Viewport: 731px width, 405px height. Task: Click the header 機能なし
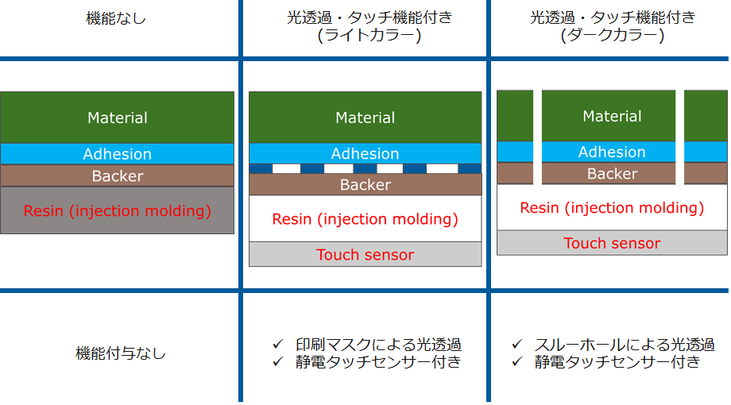[x=116, y=18]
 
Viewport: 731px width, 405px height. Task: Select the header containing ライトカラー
[x=369, y=26]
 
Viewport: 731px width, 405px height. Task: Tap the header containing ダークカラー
[x=612, y=26]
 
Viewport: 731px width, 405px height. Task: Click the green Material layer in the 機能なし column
[x=118, y=118]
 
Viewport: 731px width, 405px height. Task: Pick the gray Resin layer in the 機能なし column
[x=118, y=210]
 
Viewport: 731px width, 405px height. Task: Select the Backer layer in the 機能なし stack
[x=118, y=175]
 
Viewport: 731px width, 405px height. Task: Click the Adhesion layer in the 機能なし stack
[x=118, y=154]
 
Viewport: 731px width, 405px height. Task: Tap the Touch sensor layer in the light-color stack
[x=365, y=254]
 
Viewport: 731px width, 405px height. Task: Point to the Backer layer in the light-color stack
[x=365, y=184]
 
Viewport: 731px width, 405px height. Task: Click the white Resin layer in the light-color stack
[x=365, y=218]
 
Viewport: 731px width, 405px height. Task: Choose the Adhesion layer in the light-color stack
[x=365, y=153]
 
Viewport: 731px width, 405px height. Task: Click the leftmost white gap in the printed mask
[x=286, y=168]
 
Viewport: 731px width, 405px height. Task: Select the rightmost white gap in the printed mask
[x=442, y=168]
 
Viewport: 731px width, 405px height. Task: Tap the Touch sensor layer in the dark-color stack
[x=612, y=243]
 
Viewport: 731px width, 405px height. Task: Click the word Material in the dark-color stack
[x=612, y=116]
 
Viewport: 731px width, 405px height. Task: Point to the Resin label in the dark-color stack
[x=612, y=207]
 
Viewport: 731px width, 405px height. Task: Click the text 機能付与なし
[x=121, y=353]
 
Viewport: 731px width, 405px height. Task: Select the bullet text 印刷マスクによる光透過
[x=378, y=345]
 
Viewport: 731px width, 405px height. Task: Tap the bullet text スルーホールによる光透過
[x=625, y=345]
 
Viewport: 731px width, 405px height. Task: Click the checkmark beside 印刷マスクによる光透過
[x=278, y=345]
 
